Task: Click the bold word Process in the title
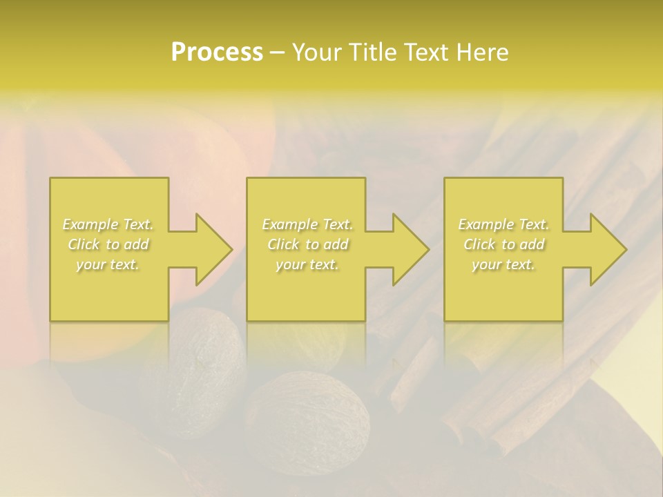pos(217,52)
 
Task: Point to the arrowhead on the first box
pos(211,249)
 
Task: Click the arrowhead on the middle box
pos(407,249)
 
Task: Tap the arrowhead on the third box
pos(605,249)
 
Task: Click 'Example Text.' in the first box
pos(108,224)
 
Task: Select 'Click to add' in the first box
pos(108,244)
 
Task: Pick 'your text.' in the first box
pos(108,264)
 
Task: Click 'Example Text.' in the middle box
pos(307,224)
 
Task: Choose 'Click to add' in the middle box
pos(307,244)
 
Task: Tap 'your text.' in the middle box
pos(307,264)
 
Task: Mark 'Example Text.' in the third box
pos(503,224)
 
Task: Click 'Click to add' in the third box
pos(503,244)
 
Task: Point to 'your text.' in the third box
pos(503,264)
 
